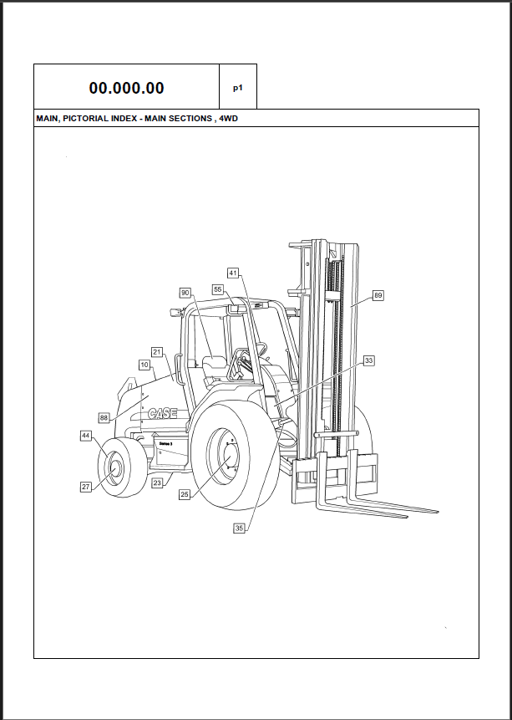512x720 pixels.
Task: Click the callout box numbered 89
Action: pyautogui.click(x=378, y=295)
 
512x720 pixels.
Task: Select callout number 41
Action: pyautogui.click(x=233, y=273)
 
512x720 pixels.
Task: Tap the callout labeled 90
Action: pyautogui.click(x=185, y=293)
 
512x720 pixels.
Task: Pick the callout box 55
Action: pyautogui.click(x=218, y=289)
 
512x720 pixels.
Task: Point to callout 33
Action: pyautogui.click(x=368, y=360)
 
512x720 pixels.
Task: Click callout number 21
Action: pyautogui.click(x=157, y=352)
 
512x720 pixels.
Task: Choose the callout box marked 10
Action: pyautogui.click(x=144, y=365)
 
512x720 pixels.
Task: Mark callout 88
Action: pyautogui.click(x=104, y=417)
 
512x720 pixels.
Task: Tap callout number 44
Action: pyautogui.click(x=86, y=436)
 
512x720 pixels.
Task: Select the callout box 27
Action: pyautogui.click(x=86, y=487)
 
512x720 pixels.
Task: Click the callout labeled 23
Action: pyautogui.click(x=157, y=483)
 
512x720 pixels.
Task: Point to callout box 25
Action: pyautogui.click(x=185, y=494)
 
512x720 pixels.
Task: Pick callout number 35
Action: pyautogui.click(x=240, y=528)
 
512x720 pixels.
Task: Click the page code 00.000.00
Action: pyautogui.click(x=126, y=88)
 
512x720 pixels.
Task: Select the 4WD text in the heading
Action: pyautogui.click(x=228, y=119)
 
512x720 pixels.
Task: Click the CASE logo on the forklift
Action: pyautogui.click(x=163, y=414)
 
